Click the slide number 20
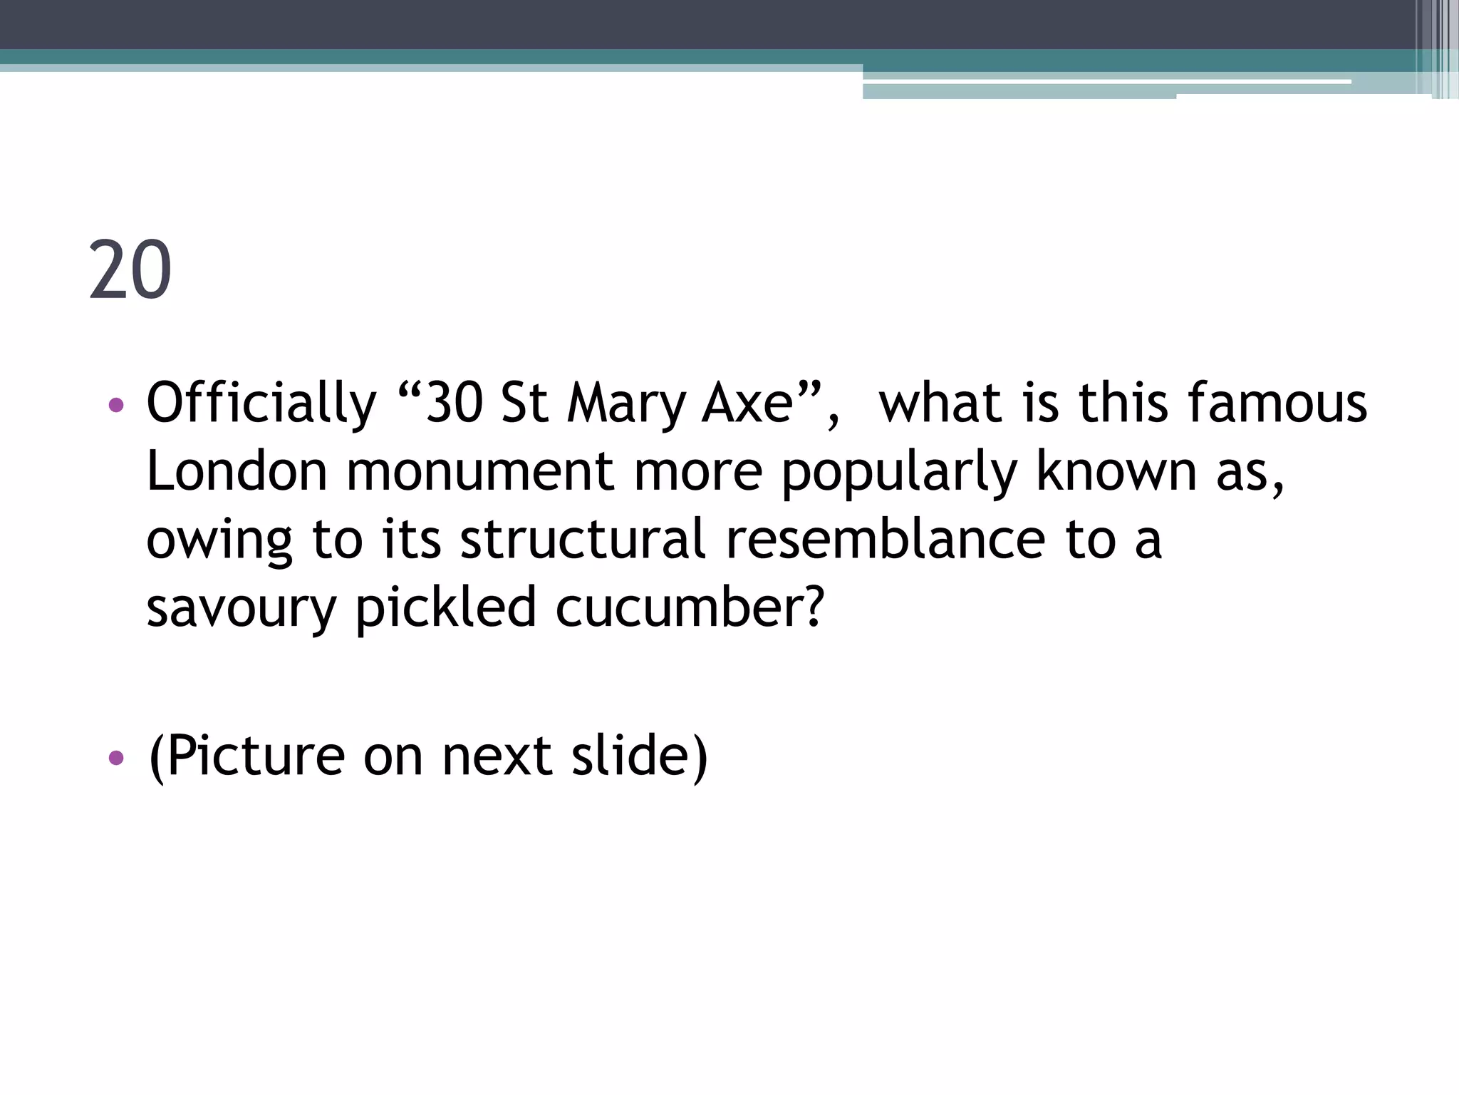pyautogui.click(x=130, y=270)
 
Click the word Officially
pyautogui.click(x=261, y=403)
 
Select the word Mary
pyautogui.click(x=627, y=403)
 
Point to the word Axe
pyautogui.click(x=748, y=403)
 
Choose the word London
pyautogui.click(x=237, y=472)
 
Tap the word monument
pyautogui.click(x=480, y=472)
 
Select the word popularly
pyautogui.click(x=899, y=472)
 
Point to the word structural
pyautogui.click(x=583, y=540)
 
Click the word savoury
pyautogui.click(x=241, y=608)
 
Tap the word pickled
pyautogui.click(x=446, y=608)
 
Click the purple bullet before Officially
pyautogui.click(x=116, y=406)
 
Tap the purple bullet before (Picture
pyautogui.click(x=116, y=757)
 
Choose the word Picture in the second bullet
pyautogui.click(x=256, y=756)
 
